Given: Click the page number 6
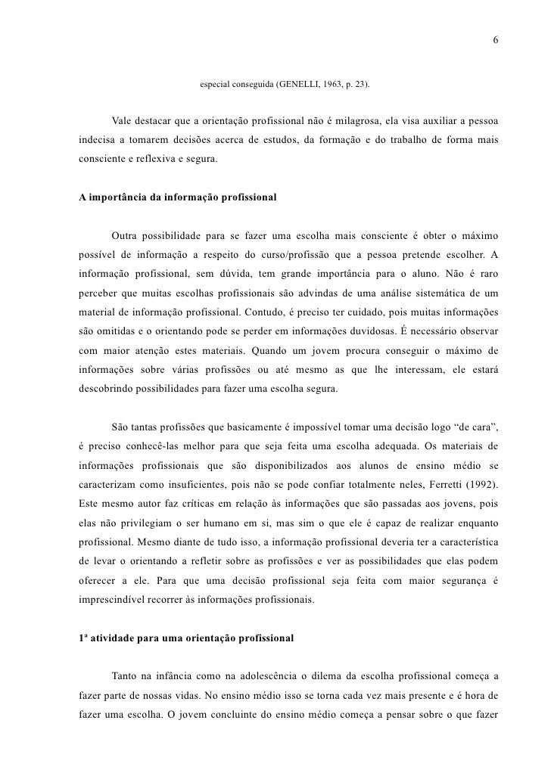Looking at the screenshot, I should tap(495, 40).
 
